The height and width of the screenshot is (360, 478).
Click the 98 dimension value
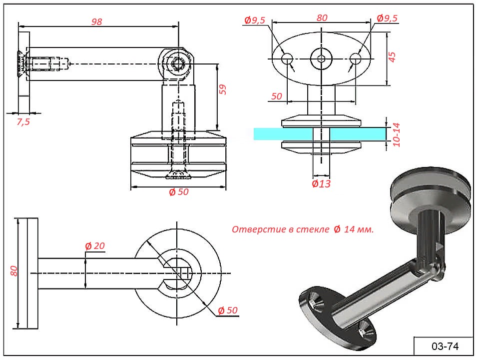pos(96,21)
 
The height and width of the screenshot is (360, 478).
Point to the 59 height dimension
pos(223,89)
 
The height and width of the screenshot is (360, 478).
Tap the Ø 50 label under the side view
pos(178,192)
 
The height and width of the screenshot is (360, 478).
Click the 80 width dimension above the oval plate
pos(322,17)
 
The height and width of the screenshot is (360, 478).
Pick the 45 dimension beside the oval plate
pos(392,57)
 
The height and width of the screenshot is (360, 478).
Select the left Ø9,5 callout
pos(255,19)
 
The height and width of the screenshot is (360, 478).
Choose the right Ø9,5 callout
pos(387,18)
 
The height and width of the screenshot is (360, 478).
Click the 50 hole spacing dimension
pos(277,96)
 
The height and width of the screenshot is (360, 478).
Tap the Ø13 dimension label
pos(321,183)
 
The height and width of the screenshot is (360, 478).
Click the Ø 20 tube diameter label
pos(95,246)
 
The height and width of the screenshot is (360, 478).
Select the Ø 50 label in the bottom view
pos(227,310)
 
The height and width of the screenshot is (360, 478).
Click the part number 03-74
pos(445,346)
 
